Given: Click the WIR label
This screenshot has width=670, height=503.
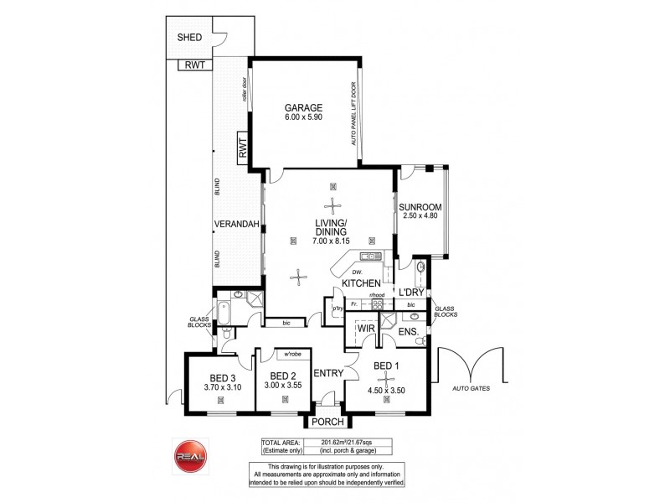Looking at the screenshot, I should (365, 329).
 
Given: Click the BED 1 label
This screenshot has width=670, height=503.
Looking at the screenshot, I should (386, 366).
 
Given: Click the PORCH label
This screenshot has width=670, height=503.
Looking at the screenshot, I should (327, 423).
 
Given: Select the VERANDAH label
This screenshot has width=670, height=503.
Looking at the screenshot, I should (231, 225).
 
